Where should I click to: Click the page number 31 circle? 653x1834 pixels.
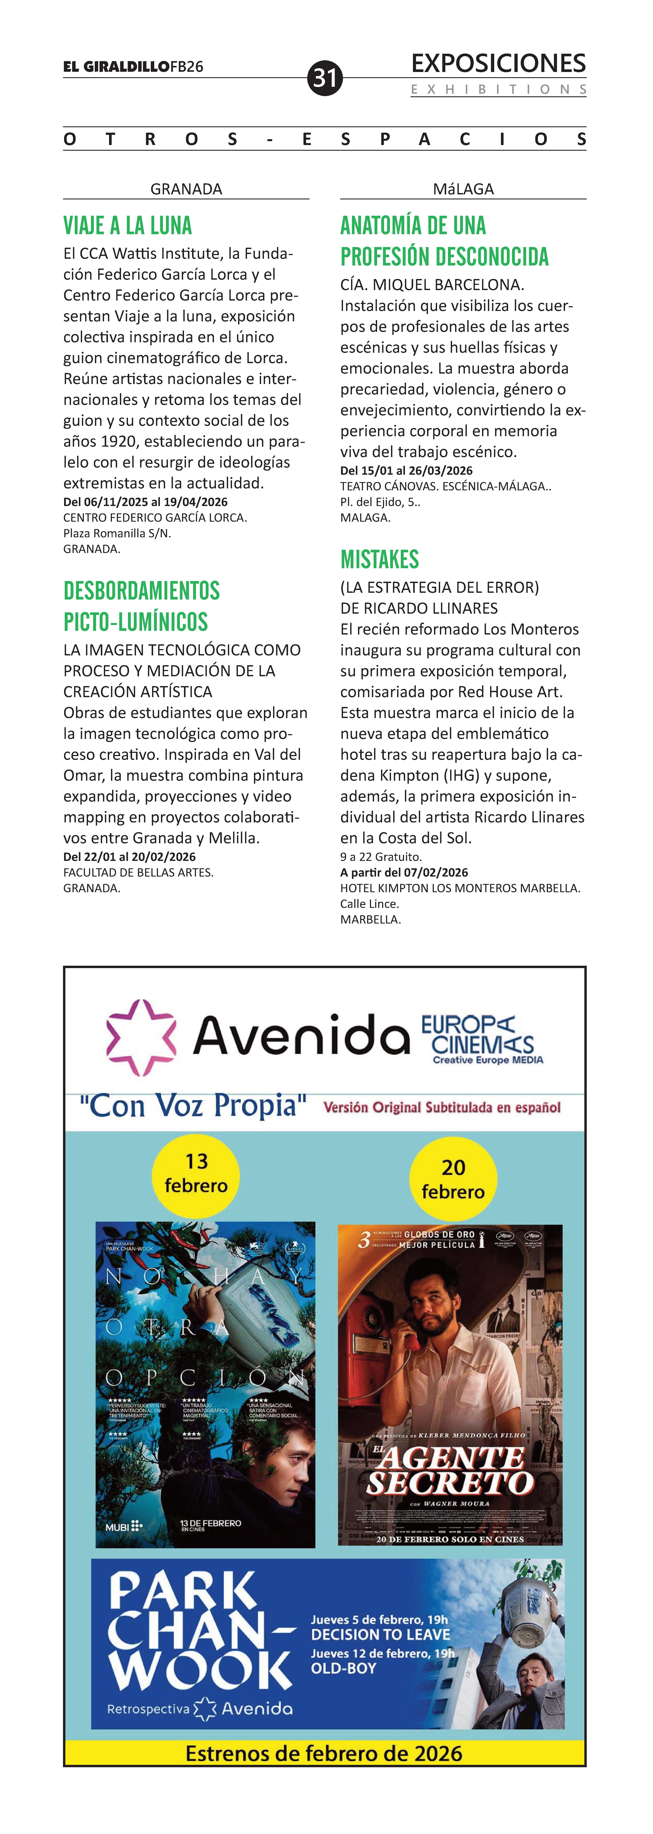[325, 78]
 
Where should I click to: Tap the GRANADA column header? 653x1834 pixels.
[186, 189]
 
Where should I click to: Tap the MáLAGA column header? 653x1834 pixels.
[463, 189]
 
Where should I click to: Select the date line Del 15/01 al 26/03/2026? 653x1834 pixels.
[406, 471]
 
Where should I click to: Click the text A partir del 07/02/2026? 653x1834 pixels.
[404, 872]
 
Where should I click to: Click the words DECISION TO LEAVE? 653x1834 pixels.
[381, 1635]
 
